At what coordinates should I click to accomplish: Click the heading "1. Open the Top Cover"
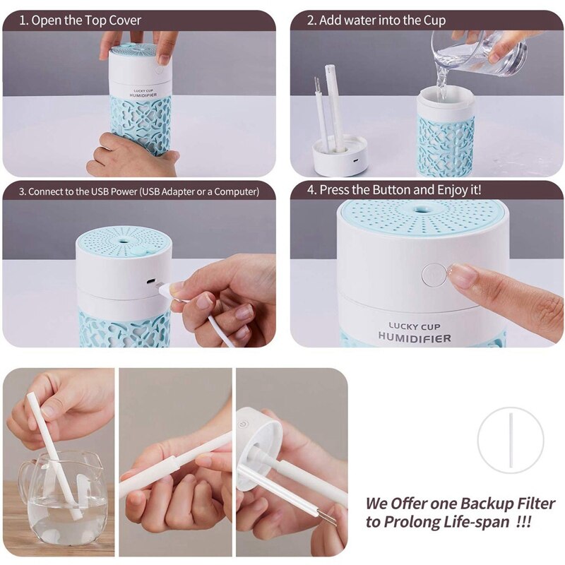click(80, 20)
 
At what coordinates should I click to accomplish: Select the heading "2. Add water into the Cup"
click(376, 20)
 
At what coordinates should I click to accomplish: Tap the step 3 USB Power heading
click(139, 191)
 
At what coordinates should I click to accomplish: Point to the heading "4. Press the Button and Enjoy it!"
click(394, 189)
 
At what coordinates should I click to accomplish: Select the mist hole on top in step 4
click(419, 210)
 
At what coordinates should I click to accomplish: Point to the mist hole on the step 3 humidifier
click(123, 239)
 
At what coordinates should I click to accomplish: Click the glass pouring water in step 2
click(480, 54)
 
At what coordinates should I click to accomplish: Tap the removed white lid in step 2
click(339, 155)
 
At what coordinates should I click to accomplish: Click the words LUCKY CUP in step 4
click(415, 327)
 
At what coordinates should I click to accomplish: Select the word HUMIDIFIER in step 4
click(415, 338)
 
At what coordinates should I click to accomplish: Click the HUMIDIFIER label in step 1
click(143, 95)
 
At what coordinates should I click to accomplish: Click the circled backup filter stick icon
click(510, 440)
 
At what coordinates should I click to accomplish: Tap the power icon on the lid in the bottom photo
click(244, 424)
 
